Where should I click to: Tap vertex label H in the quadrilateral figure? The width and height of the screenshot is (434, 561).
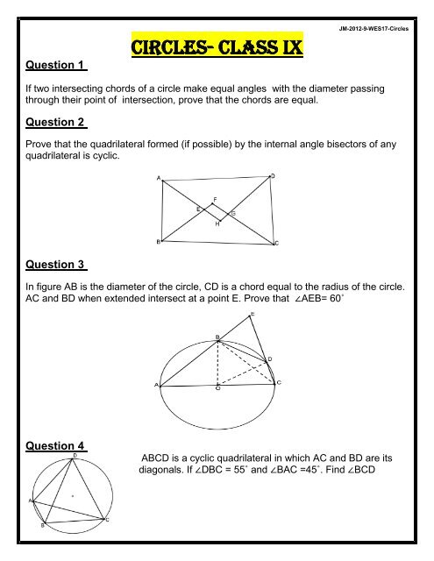coord(217,223)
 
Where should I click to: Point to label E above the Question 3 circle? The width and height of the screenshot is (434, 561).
coord(253,314)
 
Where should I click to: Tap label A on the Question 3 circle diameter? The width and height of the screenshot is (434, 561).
coord(157,384)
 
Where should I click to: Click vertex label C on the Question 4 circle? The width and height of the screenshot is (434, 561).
coord(107,522)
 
